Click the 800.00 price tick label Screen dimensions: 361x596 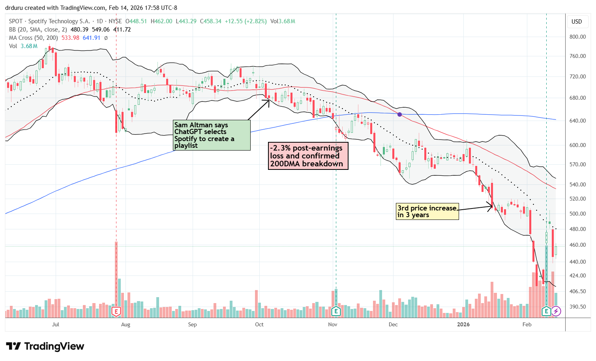pyautogui.click(x=577, y=37)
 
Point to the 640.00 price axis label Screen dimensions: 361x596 pyautogui.click(x=577, y=121)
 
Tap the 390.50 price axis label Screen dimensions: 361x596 pyautogui.click(x=577, y=307)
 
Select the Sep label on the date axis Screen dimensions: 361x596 pyautogui.click(x=192, y=324)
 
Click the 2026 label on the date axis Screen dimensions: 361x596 pyautogui.click(x=463, y=324)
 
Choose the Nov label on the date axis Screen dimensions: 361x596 pyautogui.click(x=333, y=324)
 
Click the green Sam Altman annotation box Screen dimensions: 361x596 pyautogui.click(x=212, y=135)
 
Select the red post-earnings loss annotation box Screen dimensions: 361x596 pyautogui.click(x=308, y=156)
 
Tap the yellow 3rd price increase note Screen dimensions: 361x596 pyautogui.click(x=427, y=211)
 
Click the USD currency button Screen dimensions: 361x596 pyautogui.click(x=577, y=22)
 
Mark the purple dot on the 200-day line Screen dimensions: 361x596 pyautogui.click(x=400, y=114)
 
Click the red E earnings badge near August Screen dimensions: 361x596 pyautogui.click(x=116, y=311)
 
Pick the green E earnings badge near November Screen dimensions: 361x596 pyautogui.click(x=336, y=311)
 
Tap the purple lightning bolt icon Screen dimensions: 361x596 pyautogui.click(x=556, y=311)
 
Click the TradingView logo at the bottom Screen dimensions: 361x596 pyautogui.click(x=45, y=346)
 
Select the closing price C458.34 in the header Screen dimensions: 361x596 pyautogui.click(x=210, y=21)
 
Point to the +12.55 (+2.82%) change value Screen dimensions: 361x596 pyautogui.click(x=246, y=21)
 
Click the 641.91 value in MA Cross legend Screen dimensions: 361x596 pyautogui.click(x=92, y=38)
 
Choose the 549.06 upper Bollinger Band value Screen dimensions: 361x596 pyautogui.click(x=101, y=30)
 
